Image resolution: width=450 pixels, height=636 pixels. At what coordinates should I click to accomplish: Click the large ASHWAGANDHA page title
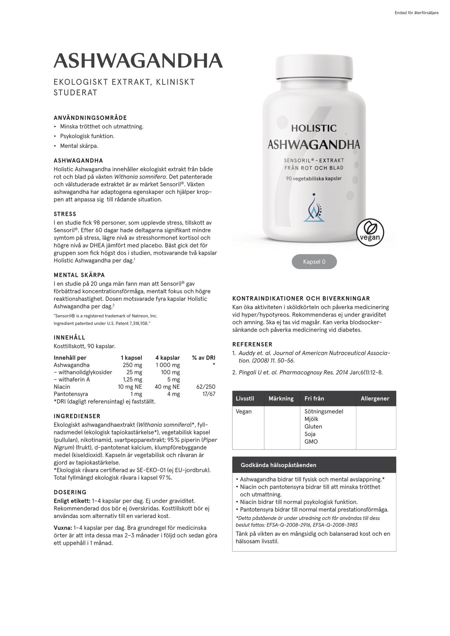click(138, 61)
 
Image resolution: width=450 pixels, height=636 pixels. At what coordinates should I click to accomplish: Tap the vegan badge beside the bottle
click(370, 232)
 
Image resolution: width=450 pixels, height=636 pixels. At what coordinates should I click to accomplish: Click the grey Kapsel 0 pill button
click(314, 262)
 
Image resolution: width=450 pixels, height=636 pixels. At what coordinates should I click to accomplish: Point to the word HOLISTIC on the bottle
click(314, 128)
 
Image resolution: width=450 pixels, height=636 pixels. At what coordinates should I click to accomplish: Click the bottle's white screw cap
click(314, 68)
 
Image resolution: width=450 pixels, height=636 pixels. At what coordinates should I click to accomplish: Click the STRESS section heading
click(65, 214)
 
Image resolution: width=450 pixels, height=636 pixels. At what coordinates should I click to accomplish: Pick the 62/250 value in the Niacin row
click(206, 387)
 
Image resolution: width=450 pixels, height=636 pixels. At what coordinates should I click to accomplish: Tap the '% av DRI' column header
click(203, 358)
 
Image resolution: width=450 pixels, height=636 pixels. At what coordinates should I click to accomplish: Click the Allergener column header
click(375, 398)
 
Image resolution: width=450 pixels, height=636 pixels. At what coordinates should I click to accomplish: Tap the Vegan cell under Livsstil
click(244, 411)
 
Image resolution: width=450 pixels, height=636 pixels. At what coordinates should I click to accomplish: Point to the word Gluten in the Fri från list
click(313, 426)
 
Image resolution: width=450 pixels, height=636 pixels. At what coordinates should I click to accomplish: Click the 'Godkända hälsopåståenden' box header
click(278, 465)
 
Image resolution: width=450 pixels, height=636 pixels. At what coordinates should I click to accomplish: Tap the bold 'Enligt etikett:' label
click(72, 501)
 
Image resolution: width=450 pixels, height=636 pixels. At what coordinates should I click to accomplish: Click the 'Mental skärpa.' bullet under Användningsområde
click(79, 146)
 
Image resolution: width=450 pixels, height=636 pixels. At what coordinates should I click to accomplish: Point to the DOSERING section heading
click(70, 492)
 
